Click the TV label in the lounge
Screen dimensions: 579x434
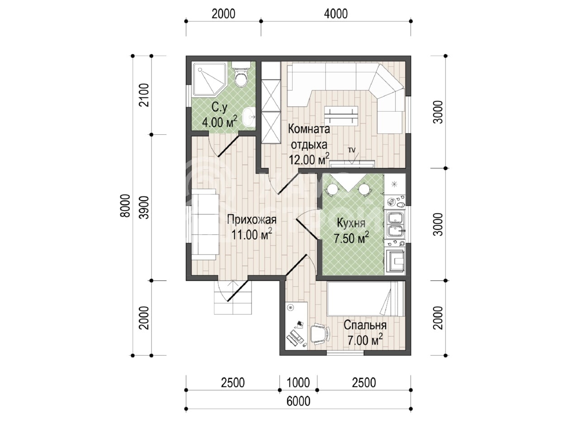coord(352,150)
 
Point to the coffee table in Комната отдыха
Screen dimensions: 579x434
coord(341,115)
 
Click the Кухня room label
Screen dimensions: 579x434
coord(351,223)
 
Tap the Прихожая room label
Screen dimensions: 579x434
coord(252,220)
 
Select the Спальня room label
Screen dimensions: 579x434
coord(365,325)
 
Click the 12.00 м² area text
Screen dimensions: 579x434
coord(309,159)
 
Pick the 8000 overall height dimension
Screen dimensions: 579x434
coord(125,206)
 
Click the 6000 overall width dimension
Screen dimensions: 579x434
coord(299,401)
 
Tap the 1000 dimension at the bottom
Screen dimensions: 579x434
coord(298,382)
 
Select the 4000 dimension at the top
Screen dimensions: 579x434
coord(336,14)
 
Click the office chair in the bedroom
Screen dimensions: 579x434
coord(320,334)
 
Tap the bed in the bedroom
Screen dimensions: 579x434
coord(365,298)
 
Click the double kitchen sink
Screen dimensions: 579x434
coord(395,224)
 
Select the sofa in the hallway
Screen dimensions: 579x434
coord(205,224)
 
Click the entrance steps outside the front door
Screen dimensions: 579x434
coord(233,297)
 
